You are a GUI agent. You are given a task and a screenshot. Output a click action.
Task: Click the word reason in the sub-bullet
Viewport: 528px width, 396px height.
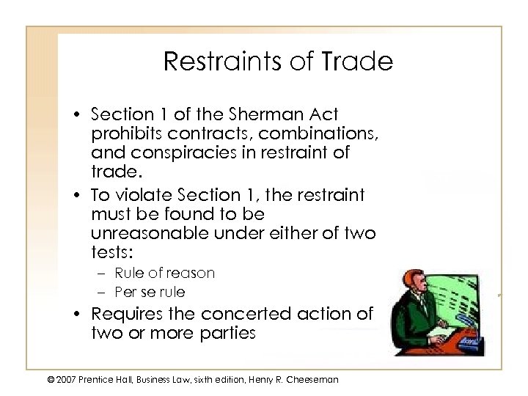click(x=191, y=273)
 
